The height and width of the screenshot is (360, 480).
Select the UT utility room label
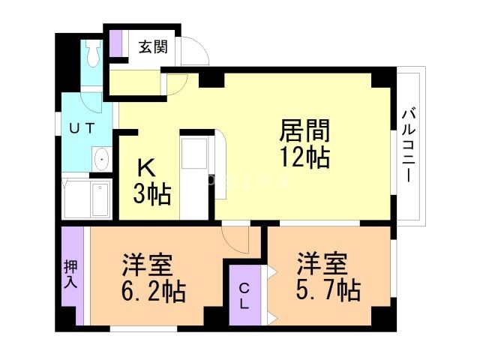82,128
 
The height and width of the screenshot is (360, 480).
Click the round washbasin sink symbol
100,158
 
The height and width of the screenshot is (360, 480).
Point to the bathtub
100,199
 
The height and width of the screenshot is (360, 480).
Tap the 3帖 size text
152,194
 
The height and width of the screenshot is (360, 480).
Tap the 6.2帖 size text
154,289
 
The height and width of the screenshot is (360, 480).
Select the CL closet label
245,295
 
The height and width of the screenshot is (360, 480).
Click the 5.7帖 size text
328,289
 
